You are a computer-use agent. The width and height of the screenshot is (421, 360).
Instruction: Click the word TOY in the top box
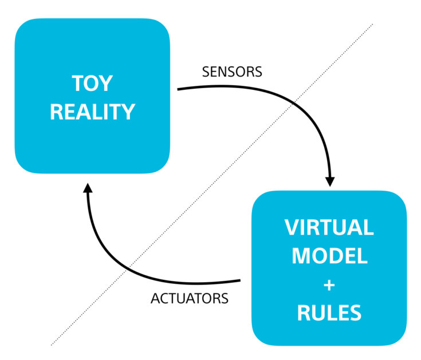click(92, 84)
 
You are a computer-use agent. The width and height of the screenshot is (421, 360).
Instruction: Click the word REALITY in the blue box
click(92, 111)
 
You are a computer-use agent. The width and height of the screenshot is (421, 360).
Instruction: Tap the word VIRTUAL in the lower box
click(329, 227)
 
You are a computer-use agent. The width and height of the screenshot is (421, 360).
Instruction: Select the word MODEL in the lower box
click(329, 256)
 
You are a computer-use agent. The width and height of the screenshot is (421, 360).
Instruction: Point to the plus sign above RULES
click(329, 284)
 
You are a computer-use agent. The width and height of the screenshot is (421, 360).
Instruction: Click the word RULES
click(329, 313)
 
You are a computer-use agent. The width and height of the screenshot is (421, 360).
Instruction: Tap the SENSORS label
click(232, 72)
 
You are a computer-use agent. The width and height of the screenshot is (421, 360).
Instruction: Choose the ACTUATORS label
click(189, 299)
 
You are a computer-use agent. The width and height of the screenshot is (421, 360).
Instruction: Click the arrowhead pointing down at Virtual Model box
click(329, 180)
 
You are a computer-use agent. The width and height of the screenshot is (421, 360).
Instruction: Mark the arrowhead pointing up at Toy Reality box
click(87, 190)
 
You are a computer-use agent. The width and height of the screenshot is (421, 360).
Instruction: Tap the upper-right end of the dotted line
click(373, 24)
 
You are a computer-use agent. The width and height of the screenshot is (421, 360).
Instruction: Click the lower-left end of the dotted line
click(52, 345)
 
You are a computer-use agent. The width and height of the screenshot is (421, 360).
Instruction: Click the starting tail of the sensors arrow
click(179, 89)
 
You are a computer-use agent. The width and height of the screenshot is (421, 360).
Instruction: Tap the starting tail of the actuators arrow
click(239, 280)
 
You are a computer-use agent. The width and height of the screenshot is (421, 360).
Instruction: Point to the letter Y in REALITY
click(128, 111)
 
